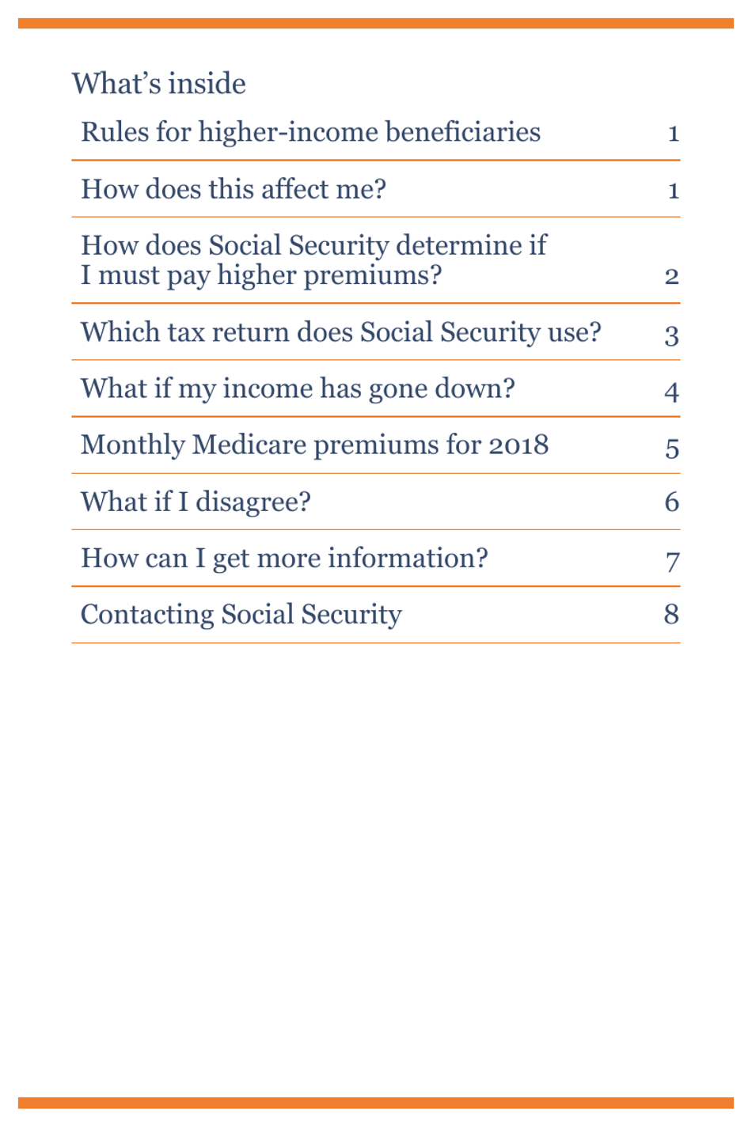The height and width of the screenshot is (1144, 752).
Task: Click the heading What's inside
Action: tap(158, 84)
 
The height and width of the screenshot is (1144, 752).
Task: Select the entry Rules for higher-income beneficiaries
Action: tap(310, 132)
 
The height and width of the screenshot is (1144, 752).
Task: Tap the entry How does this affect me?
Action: tap(233, 190)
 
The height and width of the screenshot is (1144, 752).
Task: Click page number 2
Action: tap(671, 276)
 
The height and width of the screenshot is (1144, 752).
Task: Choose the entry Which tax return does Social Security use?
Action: tap(340, 332)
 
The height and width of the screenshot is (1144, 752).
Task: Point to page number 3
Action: tap(671, 336)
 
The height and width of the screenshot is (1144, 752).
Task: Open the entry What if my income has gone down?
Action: tap(298, 389)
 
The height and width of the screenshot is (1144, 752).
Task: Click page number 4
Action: tap(671, 392)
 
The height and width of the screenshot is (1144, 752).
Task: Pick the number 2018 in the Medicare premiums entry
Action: tap(518, 445)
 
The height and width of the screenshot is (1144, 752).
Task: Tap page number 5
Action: tap(671, 449)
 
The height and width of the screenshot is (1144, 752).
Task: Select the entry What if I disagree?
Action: tap(196, 502)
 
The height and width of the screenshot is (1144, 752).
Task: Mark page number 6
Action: tap(671, 502)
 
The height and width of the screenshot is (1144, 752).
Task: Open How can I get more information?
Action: tap(284, 559)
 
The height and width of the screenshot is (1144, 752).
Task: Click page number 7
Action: tap(672, 562)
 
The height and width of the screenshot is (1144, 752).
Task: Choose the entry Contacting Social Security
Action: tap(241, 615)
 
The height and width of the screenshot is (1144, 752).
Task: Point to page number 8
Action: tap(671, 615)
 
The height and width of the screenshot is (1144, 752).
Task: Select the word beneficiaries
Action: tap(463, 132)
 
